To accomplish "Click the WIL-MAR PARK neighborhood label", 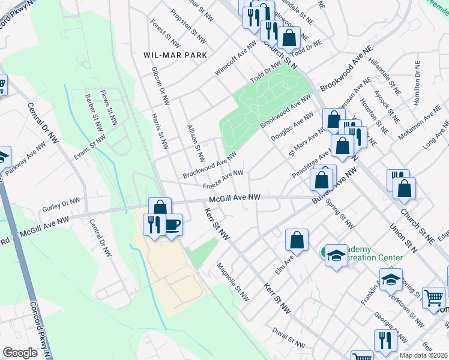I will click(x=175, y=55).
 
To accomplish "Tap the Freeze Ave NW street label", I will click(x=223, y=178).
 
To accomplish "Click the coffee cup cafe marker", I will click(x=172, y=225).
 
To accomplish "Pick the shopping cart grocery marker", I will click(x=433, y=297).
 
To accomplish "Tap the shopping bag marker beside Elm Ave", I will click(x=297, y=240).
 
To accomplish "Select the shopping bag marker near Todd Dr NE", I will click(x=289, y=38).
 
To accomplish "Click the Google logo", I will click(x=20, y=353).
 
